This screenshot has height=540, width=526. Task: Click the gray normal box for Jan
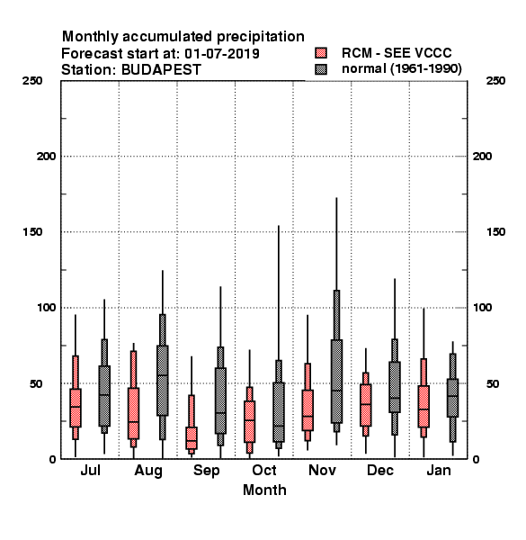453,398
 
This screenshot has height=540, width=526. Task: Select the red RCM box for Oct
249,421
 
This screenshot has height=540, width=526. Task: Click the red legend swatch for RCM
321,53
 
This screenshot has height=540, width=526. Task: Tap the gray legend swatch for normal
321,69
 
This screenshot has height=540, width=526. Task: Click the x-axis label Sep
207,471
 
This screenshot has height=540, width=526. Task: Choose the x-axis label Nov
322,470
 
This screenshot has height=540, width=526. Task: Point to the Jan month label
439,470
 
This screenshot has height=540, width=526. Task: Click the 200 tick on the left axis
46,157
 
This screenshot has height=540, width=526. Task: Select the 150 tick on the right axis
496,232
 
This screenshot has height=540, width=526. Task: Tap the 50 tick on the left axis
36,383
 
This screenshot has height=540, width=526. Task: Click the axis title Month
264,490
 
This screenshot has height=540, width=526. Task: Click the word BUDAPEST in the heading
161,70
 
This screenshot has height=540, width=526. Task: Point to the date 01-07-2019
222,54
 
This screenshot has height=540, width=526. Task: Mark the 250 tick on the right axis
496,81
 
